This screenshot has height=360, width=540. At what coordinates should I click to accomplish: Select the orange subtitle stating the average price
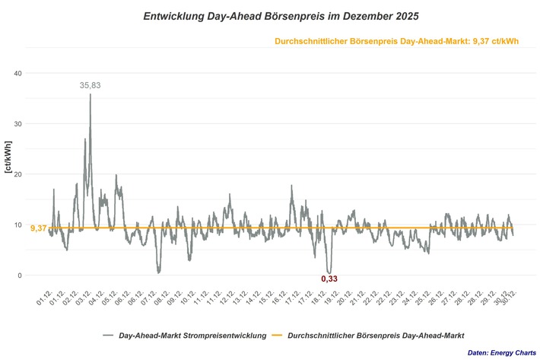point(396,41)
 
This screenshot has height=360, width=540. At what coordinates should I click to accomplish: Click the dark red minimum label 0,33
point(329,279)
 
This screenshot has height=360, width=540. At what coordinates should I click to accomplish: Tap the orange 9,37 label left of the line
point(38,228)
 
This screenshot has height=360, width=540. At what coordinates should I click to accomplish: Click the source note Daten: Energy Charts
point(499,352)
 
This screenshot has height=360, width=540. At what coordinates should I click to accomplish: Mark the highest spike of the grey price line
point(91,95)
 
